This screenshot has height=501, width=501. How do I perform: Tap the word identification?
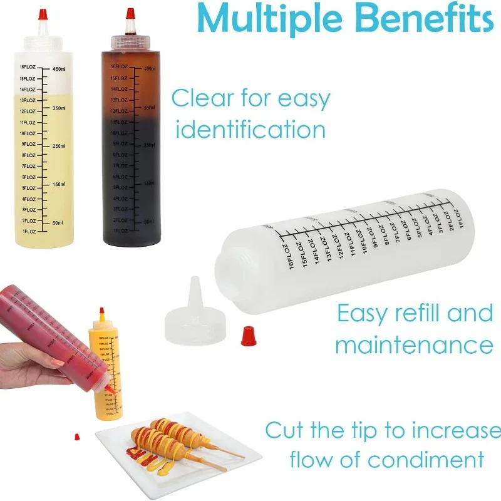coord(250,130)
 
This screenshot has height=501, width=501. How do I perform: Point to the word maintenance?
coord(414,344)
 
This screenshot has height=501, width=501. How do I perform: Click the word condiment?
coord(426,460)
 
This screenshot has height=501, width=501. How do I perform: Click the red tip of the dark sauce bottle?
coord(130,13)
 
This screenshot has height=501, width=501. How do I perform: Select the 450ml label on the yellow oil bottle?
coord(59,69)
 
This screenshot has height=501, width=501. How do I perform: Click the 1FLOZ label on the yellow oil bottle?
coord(28,232)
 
